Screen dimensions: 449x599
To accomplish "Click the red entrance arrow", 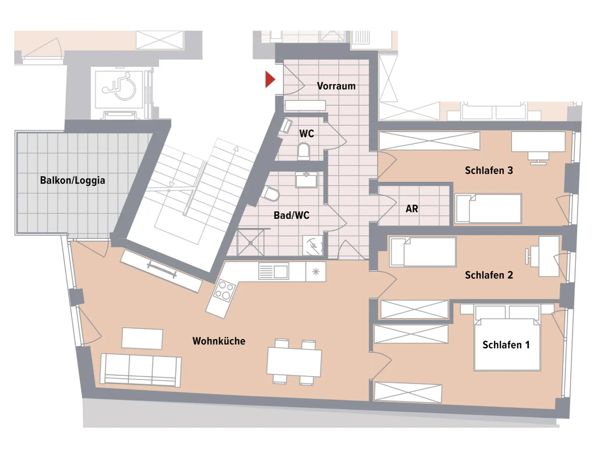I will [269, 80].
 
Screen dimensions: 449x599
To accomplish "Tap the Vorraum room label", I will [336, 86].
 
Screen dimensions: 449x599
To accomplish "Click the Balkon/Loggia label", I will [73, 180].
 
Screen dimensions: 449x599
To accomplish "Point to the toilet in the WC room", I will [303, 151].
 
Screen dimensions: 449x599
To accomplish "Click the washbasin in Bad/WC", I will [306, 180].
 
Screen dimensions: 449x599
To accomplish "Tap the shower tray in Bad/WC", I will [250, 242].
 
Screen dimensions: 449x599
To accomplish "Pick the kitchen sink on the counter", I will [273, 271].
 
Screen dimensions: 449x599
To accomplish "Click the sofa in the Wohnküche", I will [140, 369].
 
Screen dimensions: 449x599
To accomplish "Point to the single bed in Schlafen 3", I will [489, 209].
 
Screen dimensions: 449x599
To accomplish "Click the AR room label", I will [412, 209].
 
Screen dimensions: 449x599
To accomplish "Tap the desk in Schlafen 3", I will [538, 141].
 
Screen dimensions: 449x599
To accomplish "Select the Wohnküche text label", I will [219, 341].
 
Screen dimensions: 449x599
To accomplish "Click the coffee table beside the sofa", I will [142, 338].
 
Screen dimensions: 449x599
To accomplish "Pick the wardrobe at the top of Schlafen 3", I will [429, 141].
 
